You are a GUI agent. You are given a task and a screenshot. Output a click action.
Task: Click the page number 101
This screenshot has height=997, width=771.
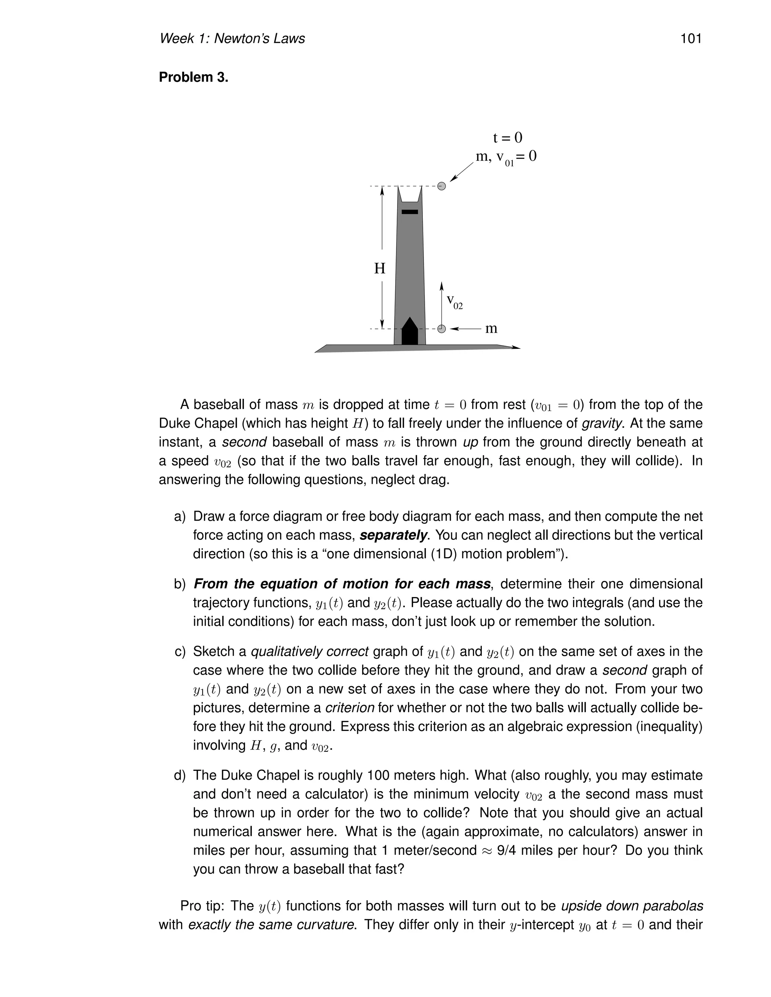[x=690, y=38]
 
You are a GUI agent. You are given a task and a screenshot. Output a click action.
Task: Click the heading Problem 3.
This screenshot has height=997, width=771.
[x=193, y=78]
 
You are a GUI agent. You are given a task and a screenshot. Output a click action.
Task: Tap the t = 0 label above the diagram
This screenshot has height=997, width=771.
[x=507, y=137]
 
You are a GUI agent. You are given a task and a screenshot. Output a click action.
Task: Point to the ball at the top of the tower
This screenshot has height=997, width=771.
[x=441, y=186]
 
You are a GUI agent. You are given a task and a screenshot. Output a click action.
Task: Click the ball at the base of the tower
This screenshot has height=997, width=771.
[x=441, y=329]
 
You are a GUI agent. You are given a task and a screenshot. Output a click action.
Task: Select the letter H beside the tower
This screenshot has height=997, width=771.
[x=379, y=268]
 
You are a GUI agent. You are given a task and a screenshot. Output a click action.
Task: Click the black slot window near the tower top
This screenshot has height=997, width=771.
[x=410, y=212]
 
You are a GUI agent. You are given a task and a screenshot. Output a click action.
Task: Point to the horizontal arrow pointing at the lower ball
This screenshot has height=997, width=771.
[x=466, y=329]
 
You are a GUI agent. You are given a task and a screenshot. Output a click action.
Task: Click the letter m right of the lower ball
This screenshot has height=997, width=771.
[x=491, y=329]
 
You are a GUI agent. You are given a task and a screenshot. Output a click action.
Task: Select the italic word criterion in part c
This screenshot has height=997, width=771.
[x=349, y=708]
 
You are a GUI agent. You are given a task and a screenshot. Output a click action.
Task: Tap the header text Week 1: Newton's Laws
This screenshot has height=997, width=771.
[x=232, y=38]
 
